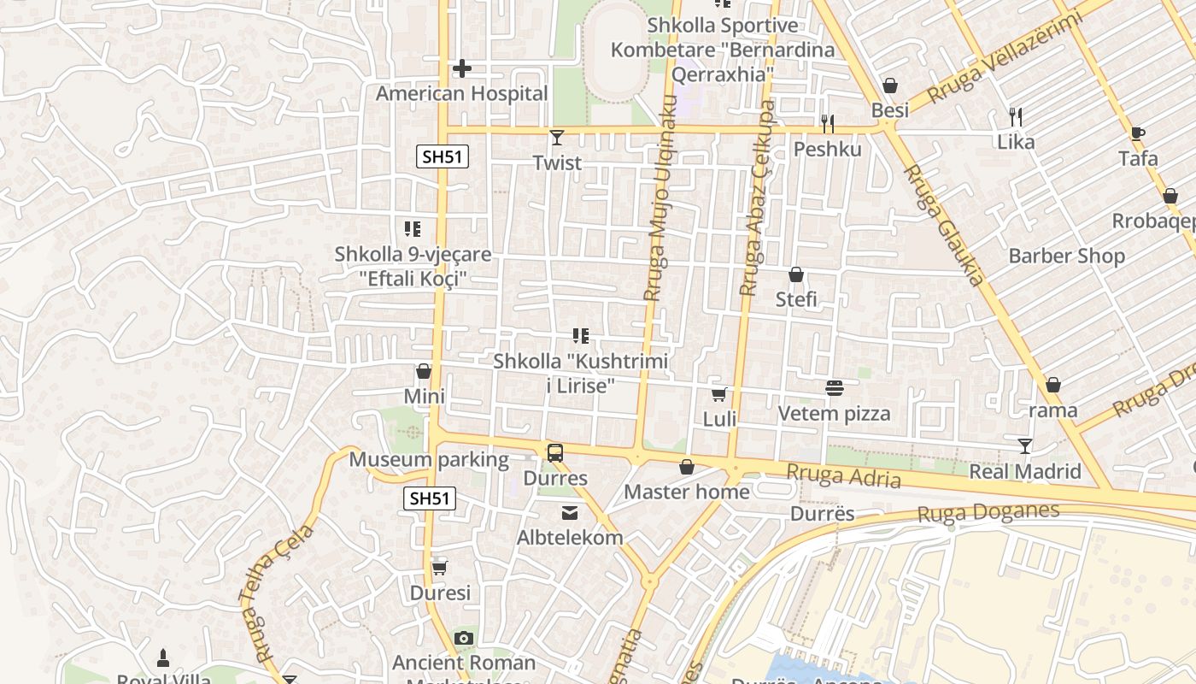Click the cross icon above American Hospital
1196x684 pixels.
pos(462,68)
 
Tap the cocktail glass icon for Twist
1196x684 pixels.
pos(557,137)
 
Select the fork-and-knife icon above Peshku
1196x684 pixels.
pos(827,124)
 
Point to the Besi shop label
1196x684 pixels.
pos(889,110)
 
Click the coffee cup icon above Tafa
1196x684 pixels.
pos(1137,133)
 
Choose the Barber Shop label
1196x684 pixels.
pos(1066,256)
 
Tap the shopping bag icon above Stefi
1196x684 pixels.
pos(796,274)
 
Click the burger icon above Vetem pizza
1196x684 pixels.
pos(835,388)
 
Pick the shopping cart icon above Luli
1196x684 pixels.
pos(719,394)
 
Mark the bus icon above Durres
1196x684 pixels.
pos(555,452)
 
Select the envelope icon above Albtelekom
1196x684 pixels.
pos(570,513)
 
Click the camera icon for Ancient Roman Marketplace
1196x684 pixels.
pos(464,638)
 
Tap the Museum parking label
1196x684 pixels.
pos(429,460)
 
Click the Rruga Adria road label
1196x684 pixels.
pos(843,475)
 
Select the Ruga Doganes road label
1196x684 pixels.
pos(988,513)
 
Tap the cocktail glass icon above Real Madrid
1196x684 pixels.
pos(1025,446)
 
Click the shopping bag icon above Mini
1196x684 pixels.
pos(424,371)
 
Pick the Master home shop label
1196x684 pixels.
pos(687,492)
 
